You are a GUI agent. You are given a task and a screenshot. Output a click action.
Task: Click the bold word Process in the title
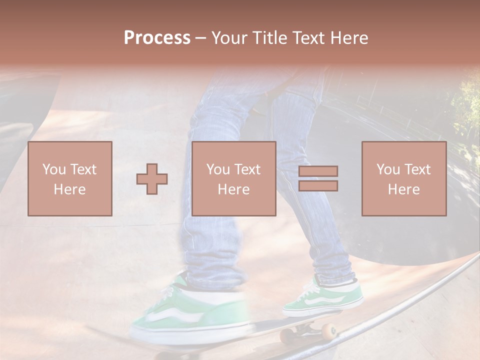[x=157, y=38]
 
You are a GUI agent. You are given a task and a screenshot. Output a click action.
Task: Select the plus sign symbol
[x=152, y=178]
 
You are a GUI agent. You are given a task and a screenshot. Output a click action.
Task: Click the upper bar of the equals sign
[x=318, y=171]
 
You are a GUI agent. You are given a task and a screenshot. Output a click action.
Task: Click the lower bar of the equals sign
[x=318, y=186]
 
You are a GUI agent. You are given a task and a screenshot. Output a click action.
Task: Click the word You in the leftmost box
[x=54, y=169]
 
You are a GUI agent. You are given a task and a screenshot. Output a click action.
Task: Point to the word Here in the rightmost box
[x=404, y=189]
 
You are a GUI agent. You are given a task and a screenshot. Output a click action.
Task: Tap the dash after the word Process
[x=200, y=38]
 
